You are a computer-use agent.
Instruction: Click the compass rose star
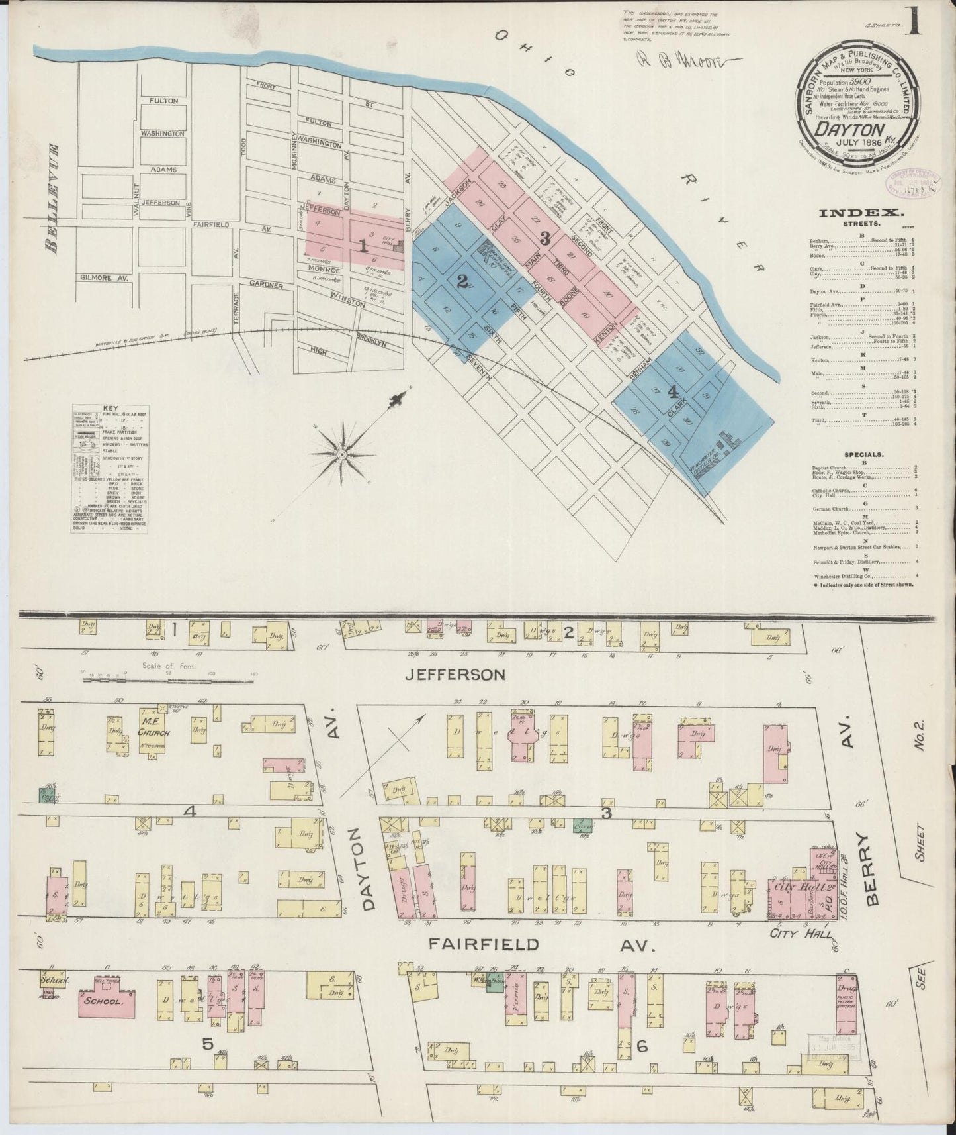(342, 454)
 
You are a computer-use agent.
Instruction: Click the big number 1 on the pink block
(363, 246)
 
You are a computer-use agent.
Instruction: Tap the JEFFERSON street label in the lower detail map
(456, 674)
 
